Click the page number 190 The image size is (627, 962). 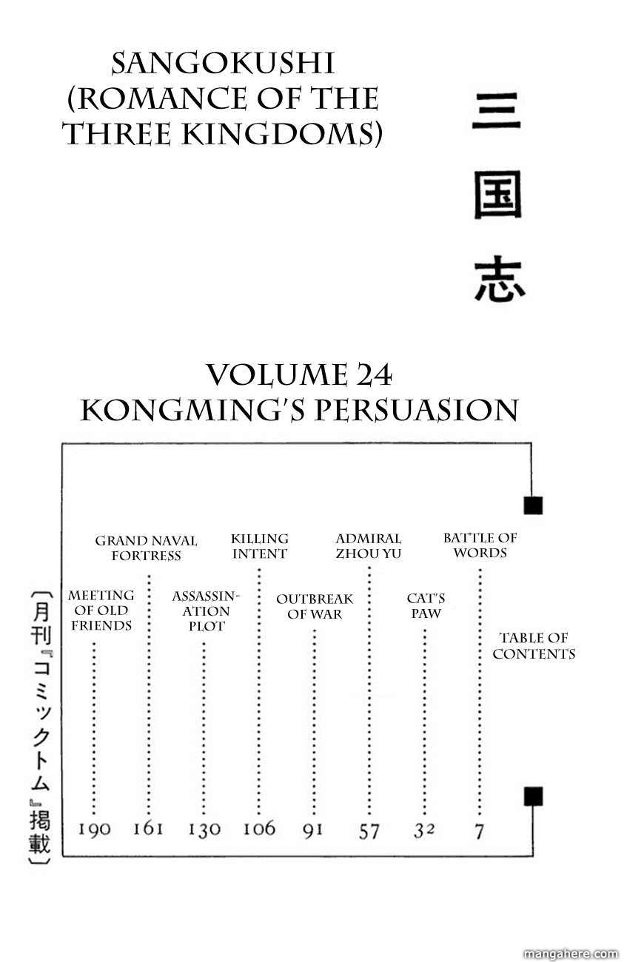point(95,829)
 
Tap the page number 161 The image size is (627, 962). point(148,828)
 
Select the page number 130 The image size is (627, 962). point(204,830)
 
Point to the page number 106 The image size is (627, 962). point(258,828)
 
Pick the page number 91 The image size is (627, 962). point(313,829)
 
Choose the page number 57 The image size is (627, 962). point(369,830)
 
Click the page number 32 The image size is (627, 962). point(423,830)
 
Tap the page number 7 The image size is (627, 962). point(479,831)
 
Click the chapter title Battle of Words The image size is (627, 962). point(480,545)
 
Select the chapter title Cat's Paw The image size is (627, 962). point(426,605)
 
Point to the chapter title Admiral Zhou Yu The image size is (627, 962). point(368,546)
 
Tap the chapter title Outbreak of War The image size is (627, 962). point(315,606)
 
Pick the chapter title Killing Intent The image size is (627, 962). point(259,546)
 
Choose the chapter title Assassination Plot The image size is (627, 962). point(205,610)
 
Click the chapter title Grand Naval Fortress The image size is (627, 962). point(146,548)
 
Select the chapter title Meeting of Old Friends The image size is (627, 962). point(101,610)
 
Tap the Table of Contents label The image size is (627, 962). point(534,645)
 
